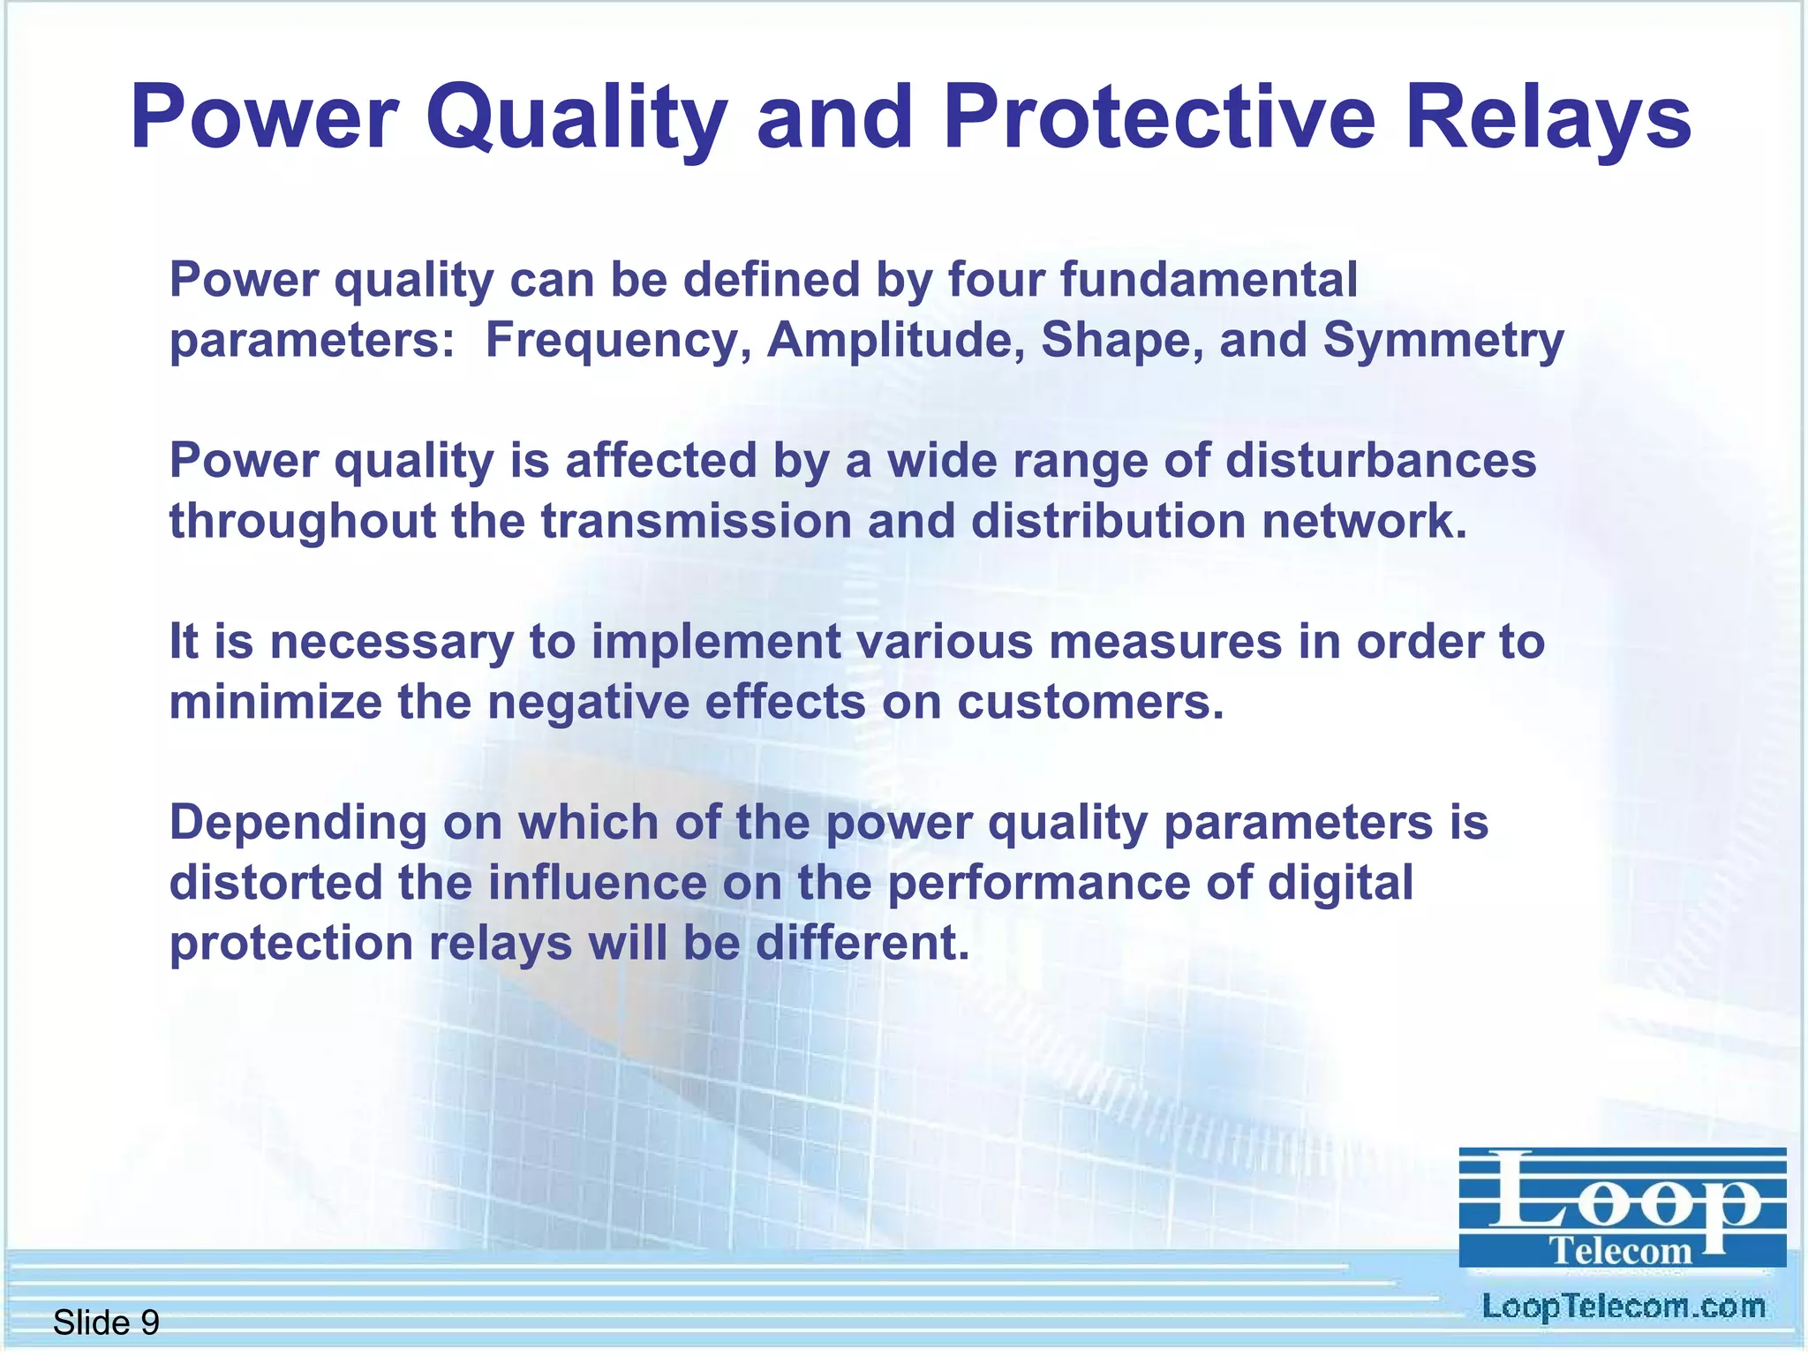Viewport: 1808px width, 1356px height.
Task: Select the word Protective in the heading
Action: (x=1159, y=117)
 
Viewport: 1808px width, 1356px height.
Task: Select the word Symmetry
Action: (x=1443, y=341)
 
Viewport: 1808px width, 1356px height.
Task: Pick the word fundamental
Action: (x=1209, y=280)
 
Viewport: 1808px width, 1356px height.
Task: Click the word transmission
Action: (x=696, y=521)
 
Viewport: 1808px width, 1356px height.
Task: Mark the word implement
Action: (x=716, y=642)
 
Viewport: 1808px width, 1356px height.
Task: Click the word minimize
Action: (x=275, y=703)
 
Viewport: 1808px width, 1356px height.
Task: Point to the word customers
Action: (x=1091, y=703)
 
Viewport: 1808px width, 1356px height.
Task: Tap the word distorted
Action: (x=275, y=883)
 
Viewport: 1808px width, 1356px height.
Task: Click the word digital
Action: (x=1340, y=883)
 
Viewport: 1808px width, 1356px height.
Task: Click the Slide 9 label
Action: (x=106, y=1322)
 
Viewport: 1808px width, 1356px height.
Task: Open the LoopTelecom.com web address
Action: (x=1623, y=1307)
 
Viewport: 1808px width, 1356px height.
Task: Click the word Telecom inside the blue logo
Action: (x=1621, y=1251)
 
